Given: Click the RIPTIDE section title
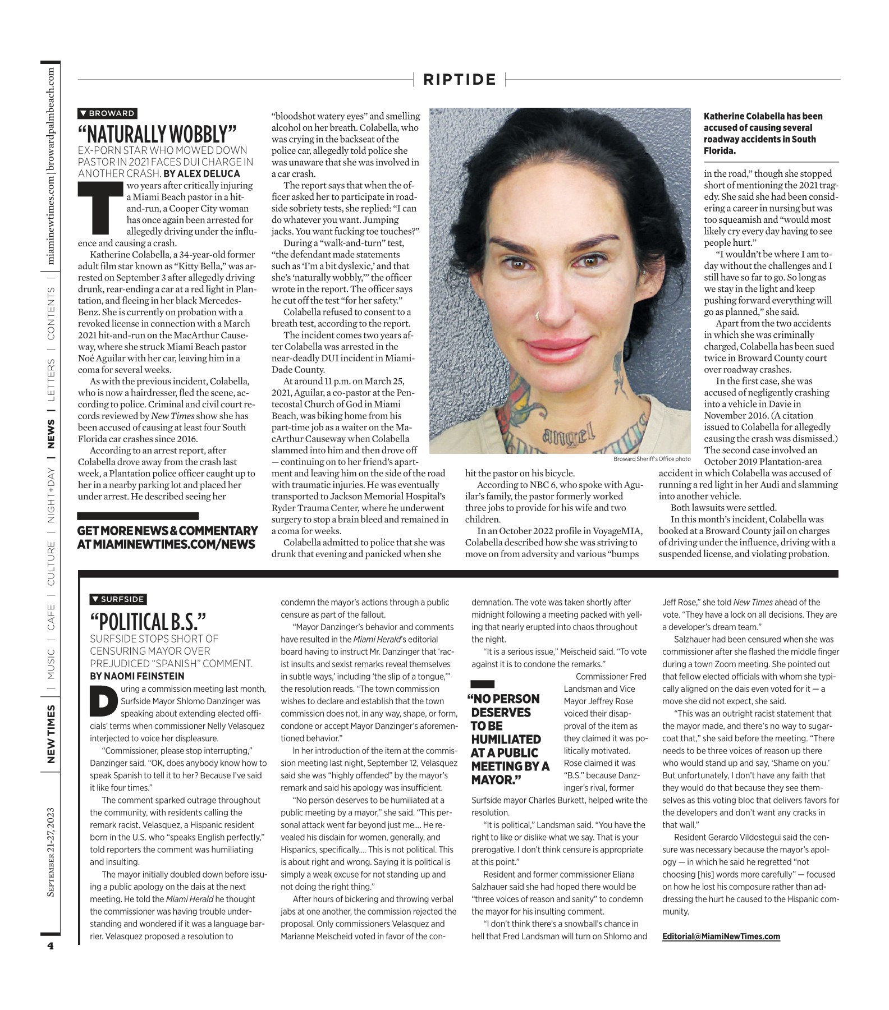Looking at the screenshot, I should coord(460,80).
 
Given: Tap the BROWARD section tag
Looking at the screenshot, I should coord(107,113).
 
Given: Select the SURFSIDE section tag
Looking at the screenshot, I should coord(118,599).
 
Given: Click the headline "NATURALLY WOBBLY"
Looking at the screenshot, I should coord(158,134).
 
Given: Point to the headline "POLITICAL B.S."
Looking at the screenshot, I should coord(148,621).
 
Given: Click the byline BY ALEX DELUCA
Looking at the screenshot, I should coord(201,173).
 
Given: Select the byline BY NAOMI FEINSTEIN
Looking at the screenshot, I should coord(137,676).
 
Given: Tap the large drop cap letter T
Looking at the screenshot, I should coord(99,208).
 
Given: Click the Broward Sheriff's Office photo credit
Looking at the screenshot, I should coord(652,459).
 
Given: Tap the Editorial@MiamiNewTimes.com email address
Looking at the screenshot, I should coord(721,936).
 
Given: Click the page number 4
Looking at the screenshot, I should coord(50,945).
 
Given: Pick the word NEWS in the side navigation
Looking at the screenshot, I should coord(51,434).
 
